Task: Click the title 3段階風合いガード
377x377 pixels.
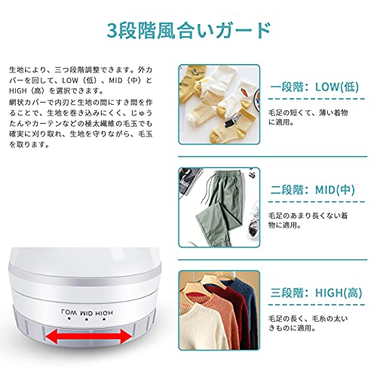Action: point(188,31)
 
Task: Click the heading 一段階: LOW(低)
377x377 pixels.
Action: point(314,87)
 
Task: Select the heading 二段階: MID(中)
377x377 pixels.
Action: point(313,190)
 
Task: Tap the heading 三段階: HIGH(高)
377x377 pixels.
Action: point(316,293)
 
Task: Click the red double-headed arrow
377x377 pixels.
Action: point(88,336)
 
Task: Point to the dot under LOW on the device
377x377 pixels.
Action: point(69,319)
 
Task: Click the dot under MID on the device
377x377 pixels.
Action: point(86,320)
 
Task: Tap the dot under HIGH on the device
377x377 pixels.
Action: point(104,320)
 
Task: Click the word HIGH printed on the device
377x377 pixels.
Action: point(104,313)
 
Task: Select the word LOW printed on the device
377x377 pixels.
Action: point(69,312)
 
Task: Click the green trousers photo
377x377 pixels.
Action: point(219,207)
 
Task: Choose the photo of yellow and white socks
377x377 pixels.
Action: point(219,105)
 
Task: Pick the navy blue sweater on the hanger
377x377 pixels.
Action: point(244,302)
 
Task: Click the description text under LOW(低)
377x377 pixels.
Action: point(308,118)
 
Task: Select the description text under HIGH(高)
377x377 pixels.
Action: point(308,323)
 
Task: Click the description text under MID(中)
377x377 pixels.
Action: point(308,220)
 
